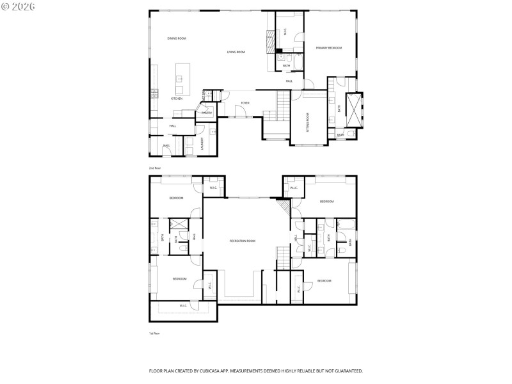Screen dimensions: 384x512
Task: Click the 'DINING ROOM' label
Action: [x=177, y=39]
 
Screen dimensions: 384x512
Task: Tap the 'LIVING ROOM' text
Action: [x=236, y=52]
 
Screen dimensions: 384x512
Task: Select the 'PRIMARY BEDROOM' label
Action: [x=328, y=48]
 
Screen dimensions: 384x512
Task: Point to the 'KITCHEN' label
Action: [x=176, y=99]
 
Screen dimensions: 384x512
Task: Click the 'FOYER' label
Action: [x=244, y=102]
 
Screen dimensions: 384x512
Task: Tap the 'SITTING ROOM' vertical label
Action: [x=307, y=122]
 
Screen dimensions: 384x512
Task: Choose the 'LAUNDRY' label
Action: [x=203, y=143]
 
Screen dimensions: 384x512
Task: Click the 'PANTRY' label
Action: [x=207, y=113]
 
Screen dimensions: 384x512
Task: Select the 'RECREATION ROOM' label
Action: [x=243, y=241]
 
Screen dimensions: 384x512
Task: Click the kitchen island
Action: [x=179, y=79]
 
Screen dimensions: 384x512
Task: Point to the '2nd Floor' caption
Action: [x=155, y=168]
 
